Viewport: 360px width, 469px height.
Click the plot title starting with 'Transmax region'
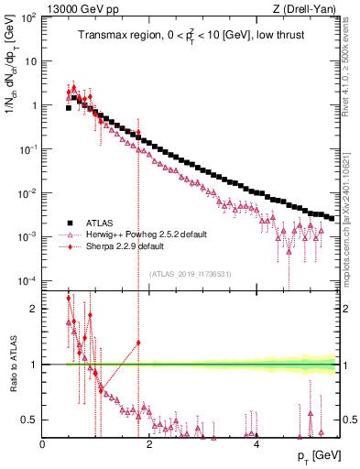coord(190,37)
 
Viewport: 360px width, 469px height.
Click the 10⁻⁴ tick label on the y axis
coord(28,280)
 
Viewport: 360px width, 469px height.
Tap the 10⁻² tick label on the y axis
coord(28,192)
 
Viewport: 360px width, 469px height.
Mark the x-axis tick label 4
coord(256,444)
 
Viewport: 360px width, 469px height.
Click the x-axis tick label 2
coord(149,444)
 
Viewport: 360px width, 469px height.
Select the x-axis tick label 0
coord(43,444)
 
